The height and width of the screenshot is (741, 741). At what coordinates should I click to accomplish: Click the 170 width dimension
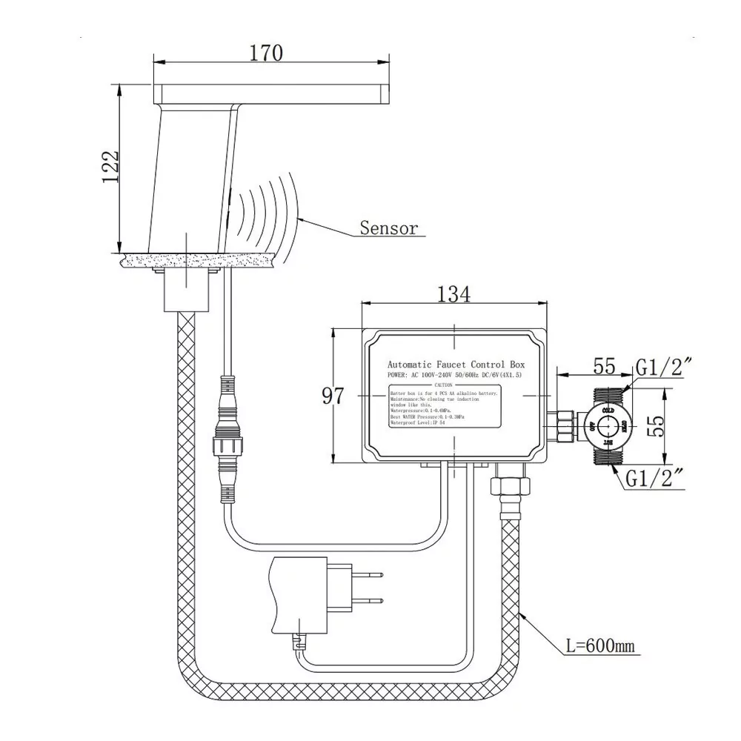click(265, 53)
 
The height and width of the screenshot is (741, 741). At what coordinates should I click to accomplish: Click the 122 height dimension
click(110, 168)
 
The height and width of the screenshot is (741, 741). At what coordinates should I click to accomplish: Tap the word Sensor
click(388, 227)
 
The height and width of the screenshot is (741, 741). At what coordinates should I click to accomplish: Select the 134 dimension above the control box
click(453, 294)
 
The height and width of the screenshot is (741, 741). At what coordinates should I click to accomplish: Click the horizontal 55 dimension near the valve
click(605, 366)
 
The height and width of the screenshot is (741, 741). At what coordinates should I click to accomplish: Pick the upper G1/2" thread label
click(665, 367)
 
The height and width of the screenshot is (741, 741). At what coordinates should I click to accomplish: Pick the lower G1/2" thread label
click(658, 479)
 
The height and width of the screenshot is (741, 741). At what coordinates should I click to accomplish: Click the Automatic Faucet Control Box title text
click(456, 365)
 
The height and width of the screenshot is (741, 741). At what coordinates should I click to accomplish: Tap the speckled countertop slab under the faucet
click(200, 259)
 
